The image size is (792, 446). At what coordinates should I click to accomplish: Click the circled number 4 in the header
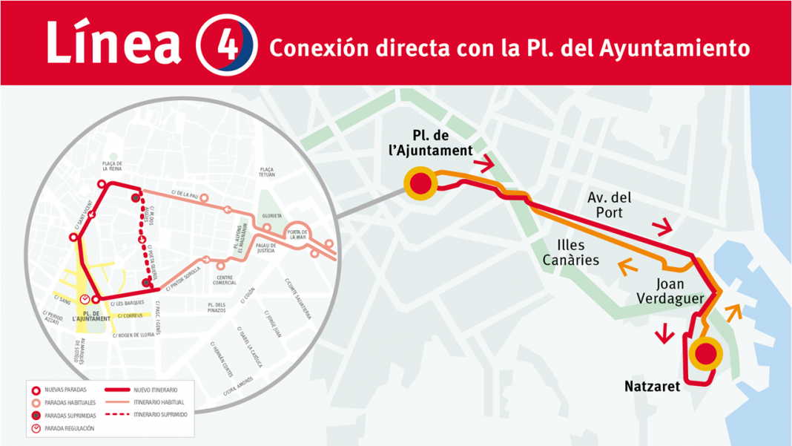click(226, 44)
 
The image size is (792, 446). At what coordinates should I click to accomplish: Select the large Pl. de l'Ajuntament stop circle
click(420, 183)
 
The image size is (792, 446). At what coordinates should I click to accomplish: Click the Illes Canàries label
click(571, 252)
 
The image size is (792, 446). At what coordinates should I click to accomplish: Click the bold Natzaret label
click(652, 386)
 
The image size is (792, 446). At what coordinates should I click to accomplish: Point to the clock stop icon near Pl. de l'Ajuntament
click(85, 299)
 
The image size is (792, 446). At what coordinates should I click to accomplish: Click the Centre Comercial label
click(225, 281)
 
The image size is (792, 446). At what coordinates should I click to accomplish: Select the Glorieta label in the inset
click(271, 215)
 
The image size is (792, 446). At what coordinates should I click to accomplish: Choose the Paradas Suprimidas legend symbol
click(36, 416)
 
